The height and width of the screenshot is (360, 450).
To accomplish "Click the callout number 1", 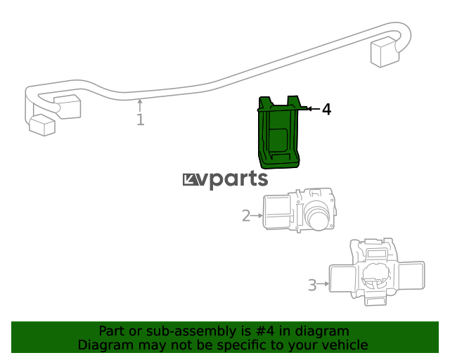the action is point(141,120).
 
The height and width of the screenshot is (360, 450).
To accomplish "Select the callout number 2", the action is point(246,216).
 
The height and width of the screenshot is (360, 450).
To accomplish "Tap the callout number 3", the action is point(312,285).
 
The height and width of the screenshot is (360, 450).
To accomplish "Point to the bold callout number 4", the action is point(326,110).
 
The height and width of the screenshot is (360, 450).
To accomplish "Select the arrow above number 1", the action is point(140,105).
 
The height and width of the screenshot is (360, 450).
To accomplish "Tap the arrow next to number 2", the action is point(257,215).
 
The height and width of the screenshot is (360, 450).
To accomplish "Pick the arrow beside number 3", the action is point(323,283).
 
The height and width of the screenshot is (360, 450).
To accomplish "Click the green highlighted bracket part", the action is point(278,133).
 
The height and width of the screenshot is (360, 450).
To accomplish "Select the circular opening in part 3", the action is point(376,276).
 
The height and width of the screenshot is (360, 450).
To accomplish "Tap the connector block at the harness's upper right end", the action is point(385,52).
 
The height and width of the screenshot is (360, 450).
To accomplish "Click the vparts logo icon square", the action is point(190,180).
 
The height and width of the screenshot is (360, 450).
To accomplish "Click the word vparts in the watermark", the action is point(233,179).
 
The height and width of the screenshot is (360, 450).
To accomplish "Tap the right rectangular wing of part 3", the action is point(411,276).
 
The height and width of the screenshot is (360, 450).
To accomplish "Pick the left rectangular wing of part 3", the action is point(343,278).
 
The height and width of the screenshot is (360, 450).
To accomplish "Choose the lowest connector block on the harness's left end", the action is point(42,125).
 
